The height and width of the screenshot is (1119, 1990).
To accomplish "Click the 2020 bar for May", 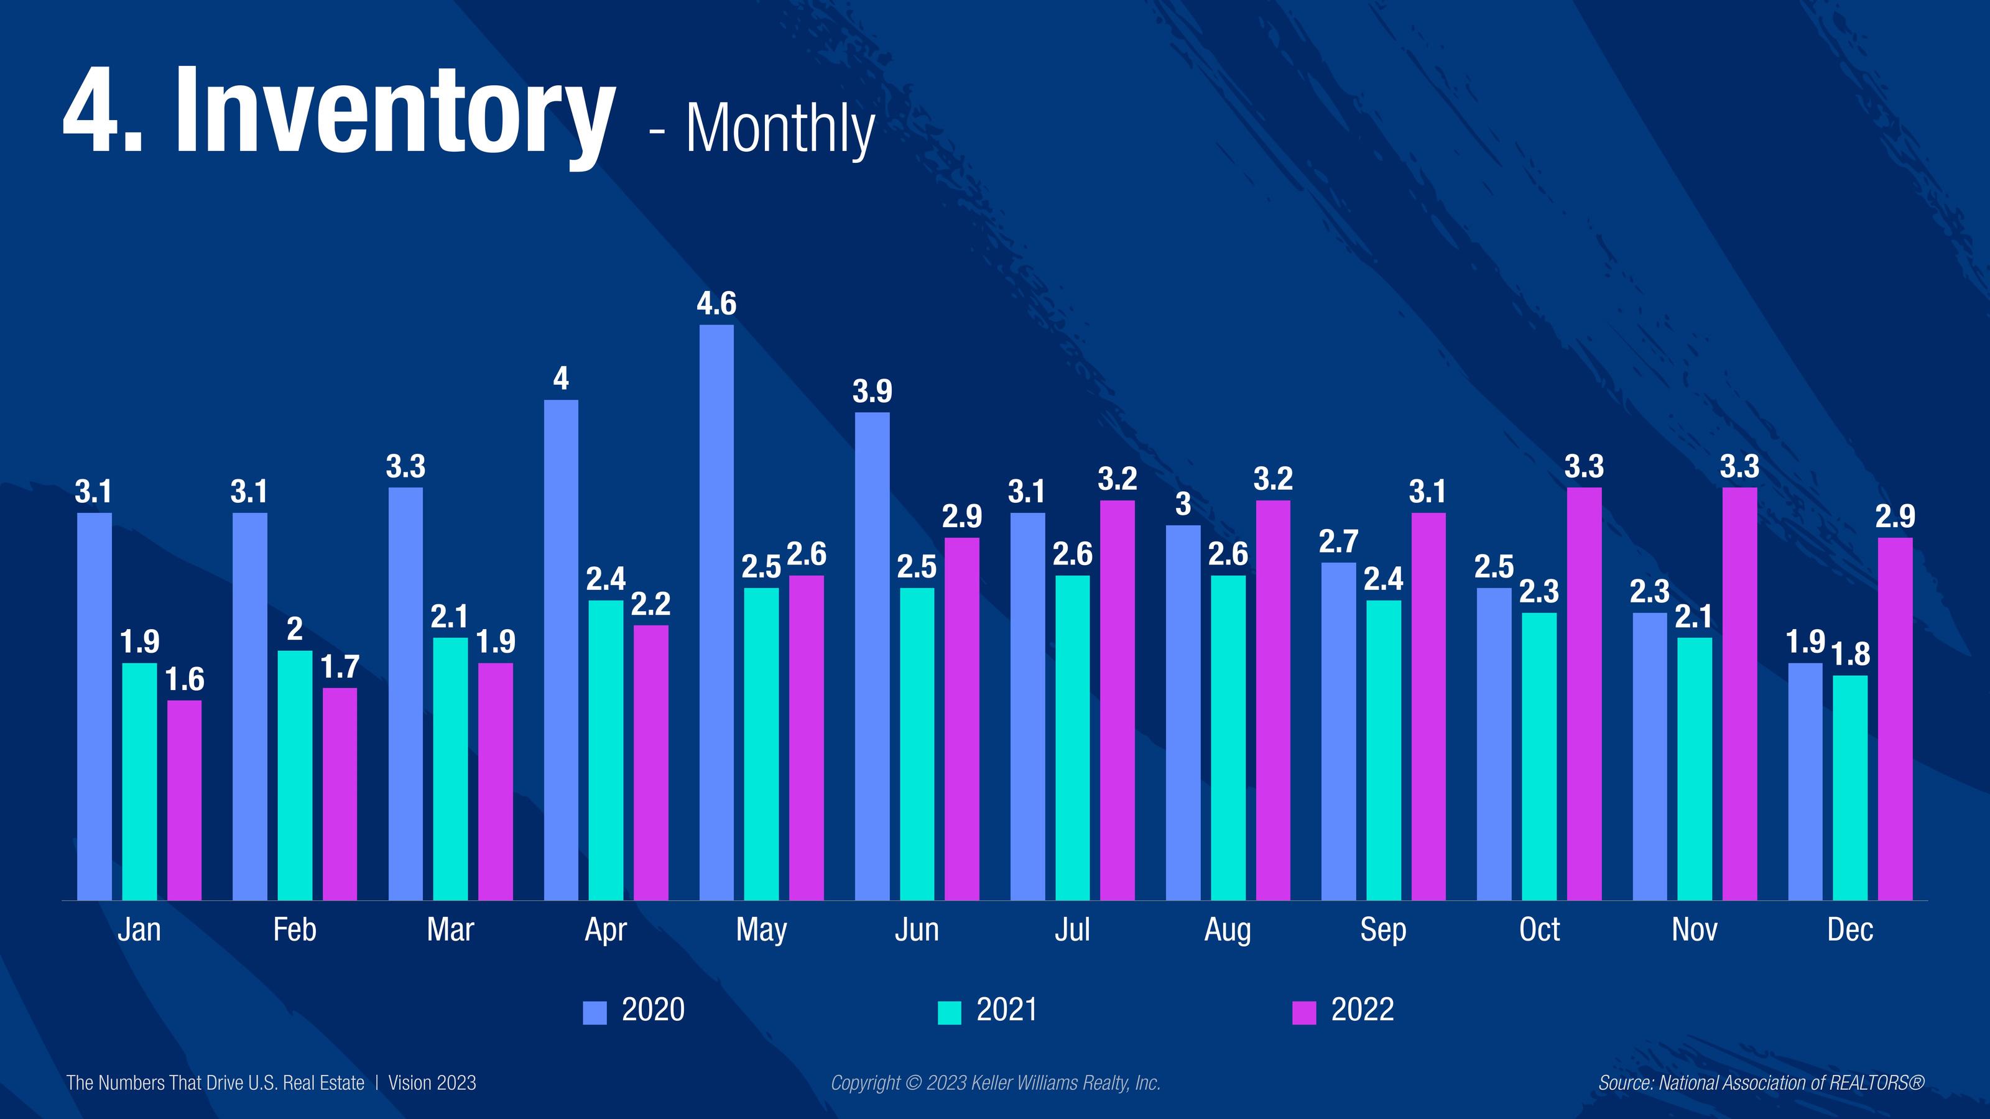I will (x=717, y=612).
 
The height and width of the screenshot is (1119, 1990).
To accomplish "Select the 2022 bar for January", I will (x=185, y=800).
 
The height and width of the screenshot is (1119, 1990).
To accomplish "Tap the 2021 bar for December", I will (x=1850, y=788).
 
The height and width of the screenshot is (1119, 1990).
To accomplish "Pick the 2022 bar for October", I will (x=1585, y=694).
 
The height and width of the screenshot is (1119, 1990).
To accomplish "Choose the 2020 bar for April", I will (x=561, y=650).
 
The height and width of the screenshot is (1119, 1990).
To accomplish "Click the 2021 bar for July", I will (x=1072, y=737).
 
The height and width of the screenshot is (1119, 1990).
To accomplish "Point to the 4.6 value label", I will (x=717, y=303).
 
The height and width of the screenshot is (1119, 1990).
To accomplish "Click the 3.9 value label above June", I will (x=872, y=392).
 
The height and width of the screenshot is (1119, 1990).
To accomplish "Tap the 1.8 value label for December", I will (x=1851, y=655).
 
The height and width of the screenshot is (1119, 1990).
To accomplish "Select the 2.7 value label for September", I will (x=1338, y=542).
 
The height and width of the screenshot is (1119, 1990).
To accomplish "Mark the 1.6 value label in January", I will (x=185, y=679).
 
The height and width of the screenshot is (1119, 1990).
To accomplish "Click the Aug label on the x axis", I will (x=1228, y=930).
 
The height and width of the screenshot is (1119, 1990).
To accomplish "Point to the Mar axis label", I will (x=450, y=930).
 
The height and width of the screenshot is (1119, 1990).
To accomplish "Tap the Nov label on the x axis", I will (x=1694, y=930).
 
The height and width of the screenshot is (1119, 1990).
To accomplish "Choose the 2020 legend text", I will (x=653, y=1010).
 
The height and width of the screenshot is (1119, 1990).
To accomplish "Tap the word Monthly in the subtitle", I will (x=780, y=130).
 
